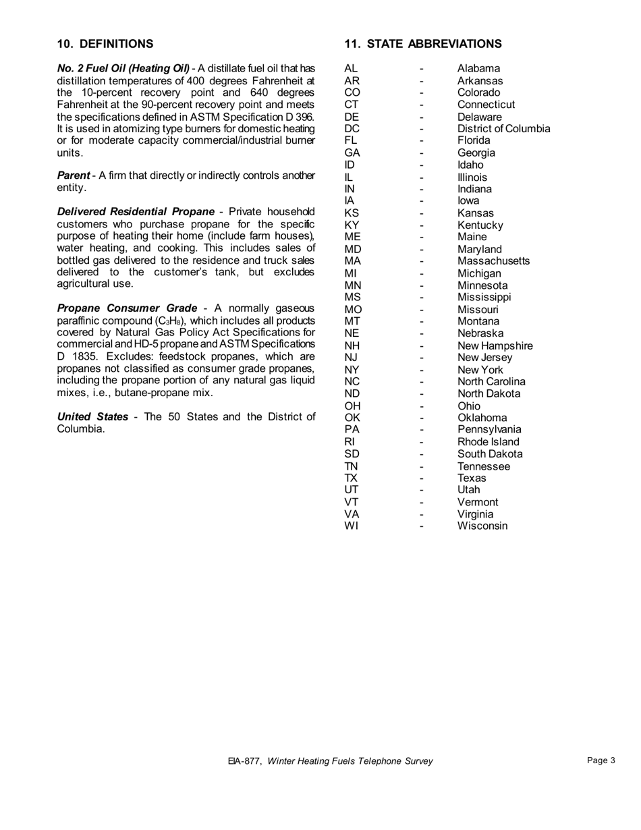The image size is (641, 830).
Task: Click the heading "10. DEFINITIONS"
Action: [x=105, y=44]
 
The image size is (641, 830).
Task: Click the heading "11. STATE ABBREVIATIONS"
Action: [x=423, y=44]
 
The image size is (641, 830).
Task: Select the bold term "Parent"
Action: [x=74, y=175]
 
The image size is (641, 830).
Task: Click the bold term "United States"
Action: [x=92, y=416]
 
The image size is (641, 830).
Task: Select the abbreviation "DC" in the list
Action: [x=352, y=128]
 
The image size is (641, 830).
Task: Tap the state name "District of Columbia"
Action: [x=503, y=128]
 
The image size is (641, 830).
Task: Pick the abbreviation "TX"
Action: [x=351, y=478]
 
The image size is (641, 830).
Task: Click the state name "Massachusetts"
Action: [x=493, y=260]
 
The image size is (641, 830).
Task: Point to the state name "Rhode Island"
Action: [x=489, y=442]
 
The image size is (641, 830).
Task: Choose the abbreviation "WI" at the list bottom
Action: [x=352, y=526]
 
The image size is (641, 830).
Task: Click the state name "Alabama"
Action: [x=478, y=68]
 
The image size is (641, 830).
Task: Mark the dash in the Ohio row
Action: [x=421, y=406]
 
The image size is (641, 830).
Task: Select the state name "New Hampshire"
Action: [x=495, y=345]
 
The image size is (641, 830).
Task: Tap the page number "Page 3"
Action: [x=601, y=760]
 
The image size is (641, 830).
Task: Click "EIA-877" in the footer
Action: [x=244, y=761]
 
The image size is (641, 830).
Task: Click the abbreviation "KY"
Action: [x=352, y=225]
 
